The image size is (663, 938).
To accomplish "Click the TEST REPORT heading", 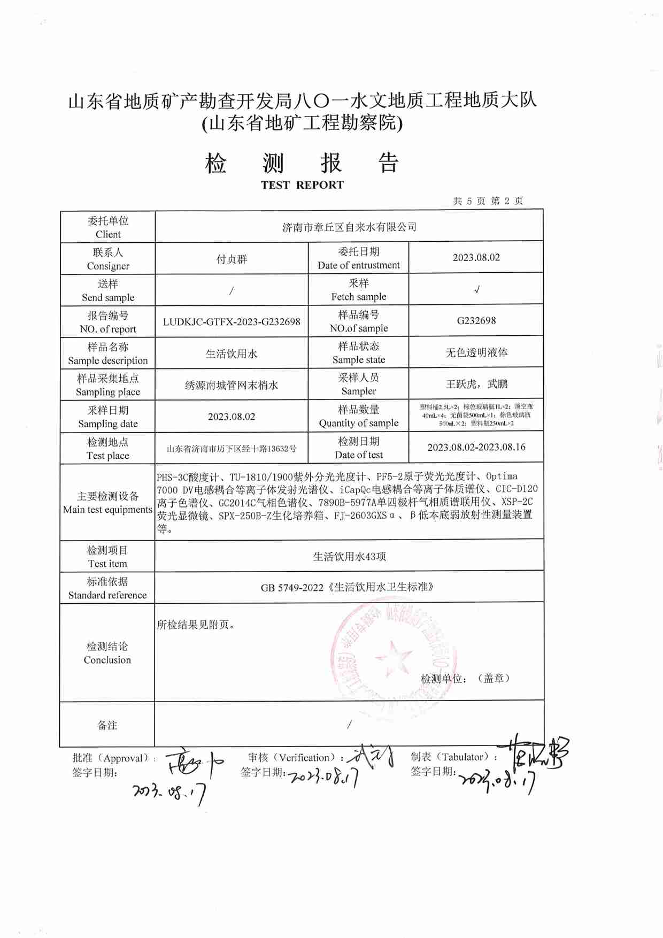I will pyautogui.click(x=302, y=185).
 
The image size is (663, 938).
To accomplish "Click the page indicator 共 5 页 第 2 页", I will pyautogui.click(x=488, y=201).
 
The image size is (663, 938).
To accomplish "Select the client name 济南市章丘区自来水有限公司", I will pyautogui.click(x=349, y=227).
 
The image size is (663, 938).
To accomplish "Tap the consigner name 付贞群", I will pyautogui.click(x=232, y=259).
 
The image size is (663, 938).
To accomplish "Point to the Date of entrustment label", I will pyautogui.click(x=358, y=265).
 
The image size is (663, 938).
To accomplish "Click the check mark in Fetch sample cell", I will pyautogui.click(x=476, y=290).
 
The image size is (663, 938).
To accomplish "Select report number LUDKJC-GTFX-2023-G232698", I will pyautogui.click(x=232, y=322).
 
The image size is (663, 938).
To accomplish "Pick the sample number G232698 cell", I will pyautogui.click(x=476, y=321).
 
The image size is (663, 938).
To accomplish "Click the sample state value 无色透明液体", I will pyautogui.click(x=476, y=352).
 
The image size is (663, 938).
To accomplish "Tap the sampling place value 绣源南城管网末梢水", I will pyautogui.click(x=232, y=385).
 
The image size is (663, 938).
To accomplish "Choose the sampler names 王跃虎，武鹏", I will pyautogui.click(x=476, y=384).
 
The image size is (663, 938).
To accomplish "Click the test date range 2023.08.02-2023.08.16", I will pyautogui.click(x=476, y=448).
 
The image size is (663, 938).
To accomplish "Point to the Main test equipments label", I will pyautogui.click(x=107, y=510).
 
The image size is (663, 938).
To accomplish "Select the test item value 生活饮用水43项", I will pyautogui.click(x=349, y=557).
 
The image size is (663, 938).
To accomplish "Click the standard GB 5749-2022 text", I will pyautogui.click(x=347, y=587).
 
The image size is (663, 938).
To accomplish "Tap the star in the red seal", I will pyautogui.click(x=394, y=657).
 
